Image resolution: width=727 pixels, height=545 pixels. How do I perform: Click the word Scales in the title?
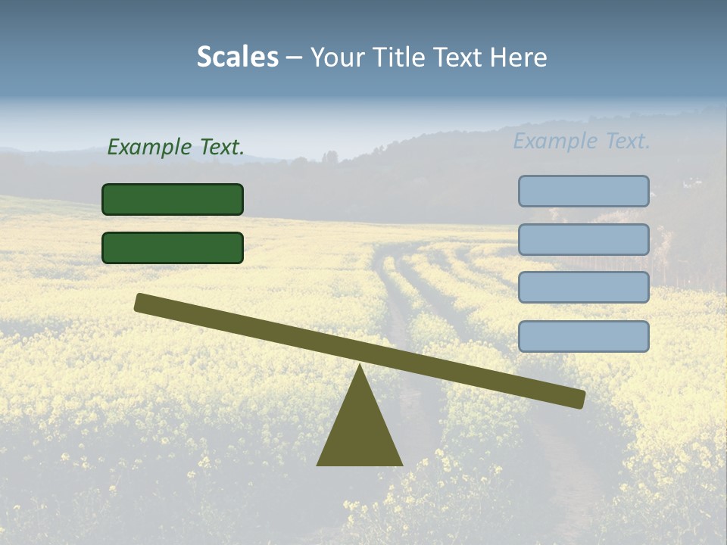(237, 57)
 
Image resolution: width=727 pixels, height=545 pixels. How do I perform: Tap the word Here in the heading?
(519, 57)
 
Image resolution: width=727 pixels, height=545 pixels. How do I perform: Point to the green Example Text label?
(176, 147)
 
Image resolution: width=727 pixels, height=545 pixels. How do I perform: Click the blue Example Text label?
(582, 141)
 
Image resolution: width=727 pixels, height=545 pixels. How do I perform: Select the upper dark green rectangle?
(173, 199)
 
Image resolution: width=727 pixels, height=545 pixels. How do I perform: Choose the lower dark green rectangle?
(173, 248)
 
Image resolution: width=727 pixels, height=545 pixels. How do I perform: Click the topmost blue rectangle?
(583, 191)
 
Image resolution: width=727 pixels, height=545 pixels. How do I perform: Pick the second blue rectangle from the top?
(583, 239)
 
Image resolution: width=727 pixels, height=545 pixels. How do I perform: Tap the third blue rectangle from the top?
(583, 288)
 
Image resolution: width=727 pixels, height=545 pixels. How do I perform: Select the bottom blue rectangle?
(583, 336)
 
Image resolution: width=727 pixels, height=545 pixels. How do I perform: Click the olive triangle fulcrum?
(360, 431)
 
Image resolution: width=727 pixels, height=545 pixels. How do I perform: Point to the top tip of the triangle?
(360, 366)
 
